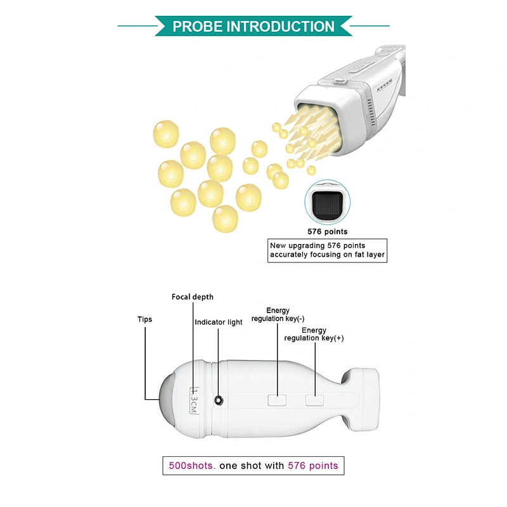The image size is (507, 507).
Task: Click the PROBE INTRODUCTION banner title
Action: [x=253, y=26]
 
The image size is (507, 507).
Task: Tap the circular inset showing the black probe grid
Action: [x=327, y=202]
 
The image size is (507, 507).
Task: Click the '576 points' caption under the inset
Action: [x=327, y=231]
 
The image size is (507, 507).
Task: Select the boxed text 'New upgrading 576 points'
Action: [x=318, y=245]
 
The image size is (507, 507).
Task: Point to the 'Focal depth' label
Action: [x=193, y=297]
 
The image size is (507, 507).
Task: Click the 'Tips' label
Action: [x=144, y=319]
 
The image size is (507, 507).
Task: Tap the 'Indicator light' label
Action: [x=218, y=322]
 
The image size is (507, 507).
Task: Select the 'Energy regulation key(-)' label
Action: [x=278, y=314]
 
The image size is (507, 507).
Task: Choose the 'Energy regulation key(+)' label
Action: [x=314, y=334]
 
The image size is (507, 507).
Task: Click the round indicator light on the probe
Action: [x=219, y=401]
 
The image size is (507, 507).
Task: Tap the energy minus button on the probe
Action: [x=277, y=400]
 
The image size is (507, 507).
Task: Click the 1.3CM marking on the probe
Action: [x=194, y=401]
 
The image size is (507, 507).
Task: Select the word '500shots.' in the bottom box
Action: [x=192, y=466]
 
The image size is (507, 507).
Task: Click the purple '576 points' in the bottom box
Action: [x=312, y=466]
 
